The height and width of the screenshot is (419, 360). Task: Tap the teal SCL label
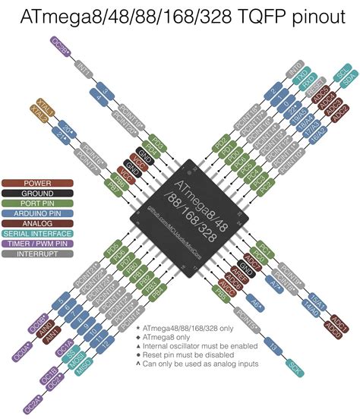coord(342,75)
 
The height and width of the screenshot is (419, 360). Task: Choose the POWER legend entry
coord(37,183)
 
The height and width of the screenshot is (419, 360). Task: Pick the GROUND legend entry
coord(37,193)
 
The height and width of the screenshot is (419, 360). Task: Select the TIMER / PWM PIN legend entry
coord(37,243)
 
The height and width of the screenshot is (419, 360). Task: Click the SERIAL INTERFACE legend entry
coord(37,233)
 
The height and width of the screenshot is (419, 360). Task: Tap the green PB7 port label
coord(113,184)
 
